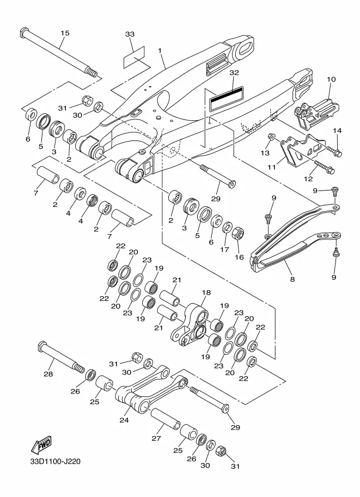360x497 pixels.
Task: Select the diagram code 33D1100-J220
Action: coord(55,461)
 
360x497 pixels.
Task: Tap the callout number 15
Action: coord(65,33)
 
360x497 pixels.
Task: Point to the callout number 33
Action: coord(130,34)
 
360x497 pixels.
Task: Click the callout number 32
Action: coord(234,72)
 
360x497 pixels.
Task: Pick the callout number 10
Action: coord(331,79)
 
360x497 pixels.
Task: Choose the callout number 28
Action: coord(48,374)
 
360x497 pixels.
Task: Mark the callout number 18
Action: coord(206,292)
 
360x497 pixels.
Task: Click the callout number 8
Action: coord(292,279)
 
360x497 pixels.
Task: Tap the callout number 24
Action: coord(124,420)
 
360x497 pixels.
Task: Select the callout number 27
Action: coord(156,438)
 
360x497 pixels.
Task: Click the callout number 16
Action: coord(239,257)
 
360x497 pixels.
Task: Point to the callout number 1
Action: coord(160,51)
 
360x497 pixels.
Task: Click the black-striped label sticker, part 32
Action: coord(227,99)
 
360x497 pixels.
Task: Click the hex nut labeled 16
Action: coord(237,234)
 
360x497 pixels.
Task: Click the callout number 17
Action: coord(224,249)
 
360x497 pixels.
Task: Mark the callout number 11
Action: coord(272,167)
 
